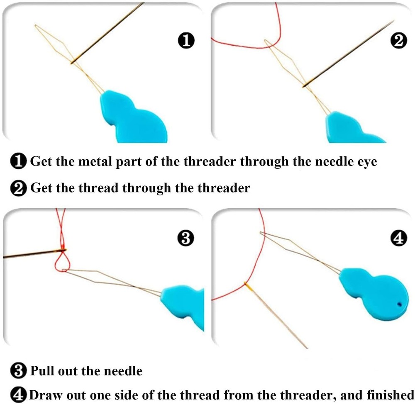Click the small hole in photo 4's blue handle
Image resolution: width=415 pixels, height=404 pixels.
399,304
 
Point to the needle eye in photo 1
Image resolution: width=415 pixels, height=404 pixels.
73,63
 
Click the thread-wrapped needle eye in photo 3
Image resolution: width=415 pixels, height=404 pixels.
63,250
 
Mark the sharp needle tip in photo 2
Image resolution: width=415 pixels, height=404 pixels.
392,22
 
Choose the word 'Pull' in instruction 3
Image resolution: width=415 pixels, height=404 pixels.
42,370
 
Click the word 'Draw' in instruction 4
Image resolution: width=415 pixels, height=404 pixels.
46,394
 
